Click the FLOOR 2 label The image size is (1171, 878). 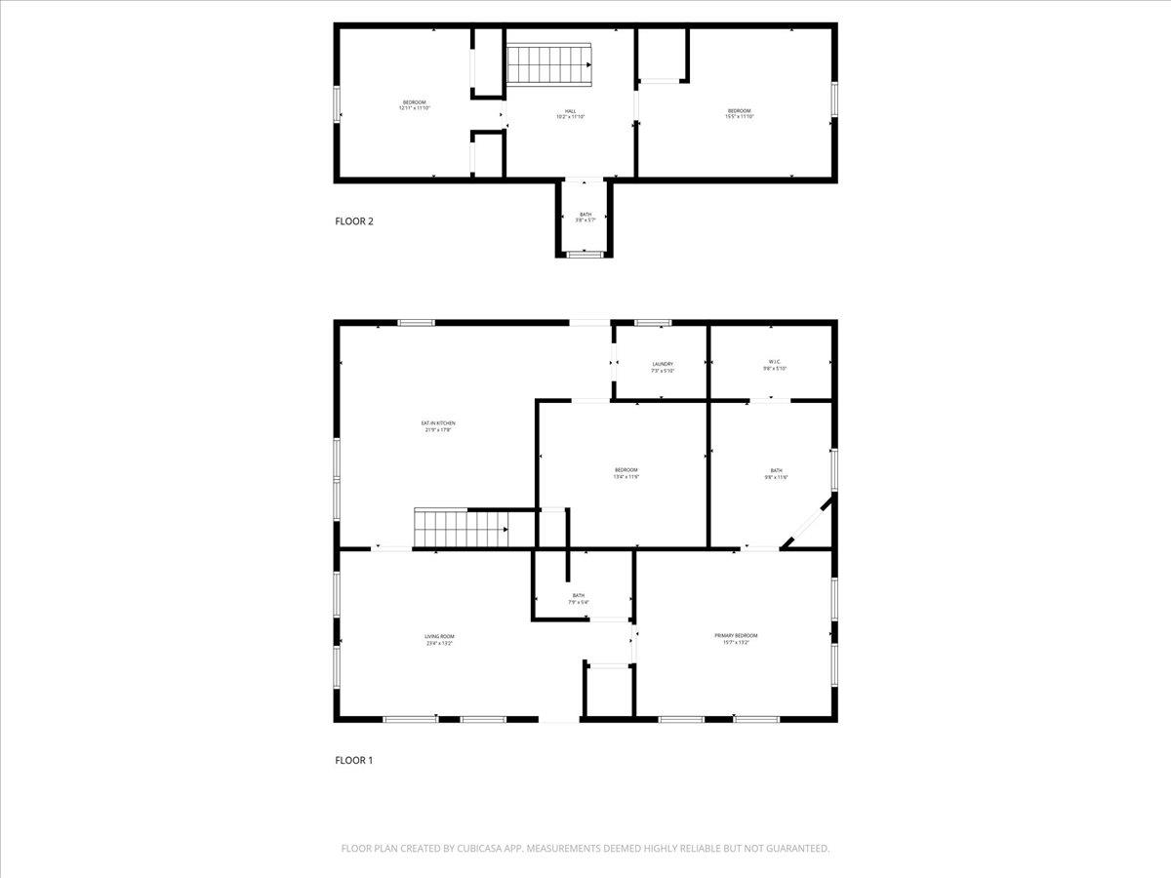click(x=354, y=220)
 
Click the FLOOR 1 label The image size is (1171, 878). click(x=354, y=760)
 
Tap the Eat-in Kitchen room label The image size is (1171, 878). click(x=438, y=426)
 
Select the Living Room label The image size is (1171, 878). click(x=438, y=640)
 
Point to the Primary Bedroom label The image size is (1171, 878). click(x=736, y=638)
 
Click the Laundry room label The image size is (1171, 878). click(x=663, y=367)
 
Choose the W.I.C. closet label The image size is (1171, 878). click(x=774, y=367)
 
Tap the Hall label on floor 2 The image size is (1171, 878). click(x=570, y=114)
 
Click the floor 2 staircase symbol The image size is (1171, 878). click(x=549, y=64)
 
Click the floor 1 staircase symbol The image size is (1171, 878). click(x=462, y=528)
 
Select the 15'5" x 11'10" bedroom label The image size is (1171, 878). click(x=739, y=113)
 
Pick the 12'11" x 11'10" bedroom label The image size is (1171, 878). click(x=414, y=105)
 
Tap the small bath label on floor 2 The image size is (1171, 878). click(x=585, y=217)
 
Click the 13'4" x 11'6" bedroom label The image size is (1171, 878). click(x=626, y=473)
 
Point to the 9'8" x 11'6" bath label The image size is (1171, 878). click(x=776, y=473)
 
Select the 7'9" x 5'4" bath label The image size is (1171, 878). click(x=579, y=599)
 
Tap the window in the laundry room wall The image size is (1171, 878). click(x=653, y=323)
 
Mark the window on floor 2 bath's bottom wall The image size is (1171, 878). click(x=585, y=255)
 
